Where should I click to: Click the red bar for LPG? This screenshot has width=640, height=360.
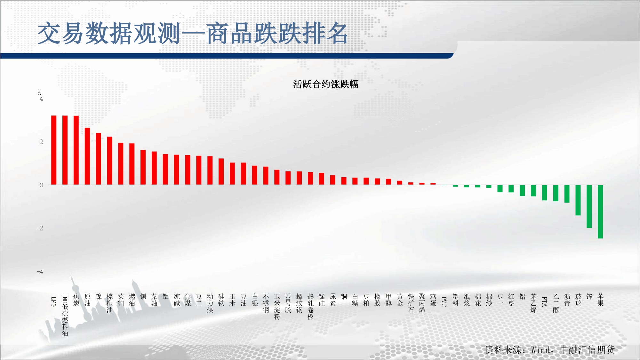(54, 150)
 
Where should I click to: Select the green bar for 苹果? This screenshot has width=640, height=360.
(600, 212)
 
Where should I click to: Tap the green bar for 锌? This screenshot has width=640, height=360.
(589, 206)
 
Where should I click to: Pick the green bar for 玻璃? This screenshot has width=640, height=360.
(578, 200)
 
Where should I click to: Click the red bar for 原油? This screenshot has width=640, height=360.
(87, 156)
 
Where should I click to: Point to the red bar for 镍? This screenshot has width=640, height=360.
(99, 159)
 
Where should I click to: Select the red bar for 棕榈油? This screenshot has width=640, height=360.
(109, 161)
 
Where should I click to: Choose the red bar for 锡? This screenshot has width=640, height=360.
(143, 167)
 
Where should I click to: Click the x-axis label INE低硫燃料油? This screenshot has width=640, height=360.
(65, 315)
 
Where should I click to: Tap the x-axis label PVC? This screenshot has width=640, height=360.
(444, 301)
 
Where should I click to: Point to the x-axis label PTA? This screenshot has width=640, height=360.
(544, 301)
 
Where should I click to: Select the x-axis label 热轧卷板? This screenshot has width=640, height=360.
(310, 307)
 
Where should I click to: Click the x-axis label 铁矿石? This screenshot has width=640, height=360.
(411, 303)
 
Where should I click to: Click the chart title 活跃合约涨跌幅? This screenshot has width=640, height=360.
(326, 84)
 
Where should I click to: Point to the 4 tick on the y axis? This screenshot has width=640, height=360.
(41, 99)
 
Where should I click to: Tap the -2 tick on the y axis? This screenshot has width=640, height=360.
(40, 228)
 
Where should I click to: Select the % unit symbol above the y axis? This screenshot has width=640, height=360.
(39, 92)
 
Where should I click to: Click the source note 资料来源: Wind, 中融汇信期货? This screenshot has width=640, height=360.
(550, 350)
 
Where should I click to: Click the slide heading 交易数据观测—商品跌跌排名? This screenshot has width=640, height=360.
(193, 33)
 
